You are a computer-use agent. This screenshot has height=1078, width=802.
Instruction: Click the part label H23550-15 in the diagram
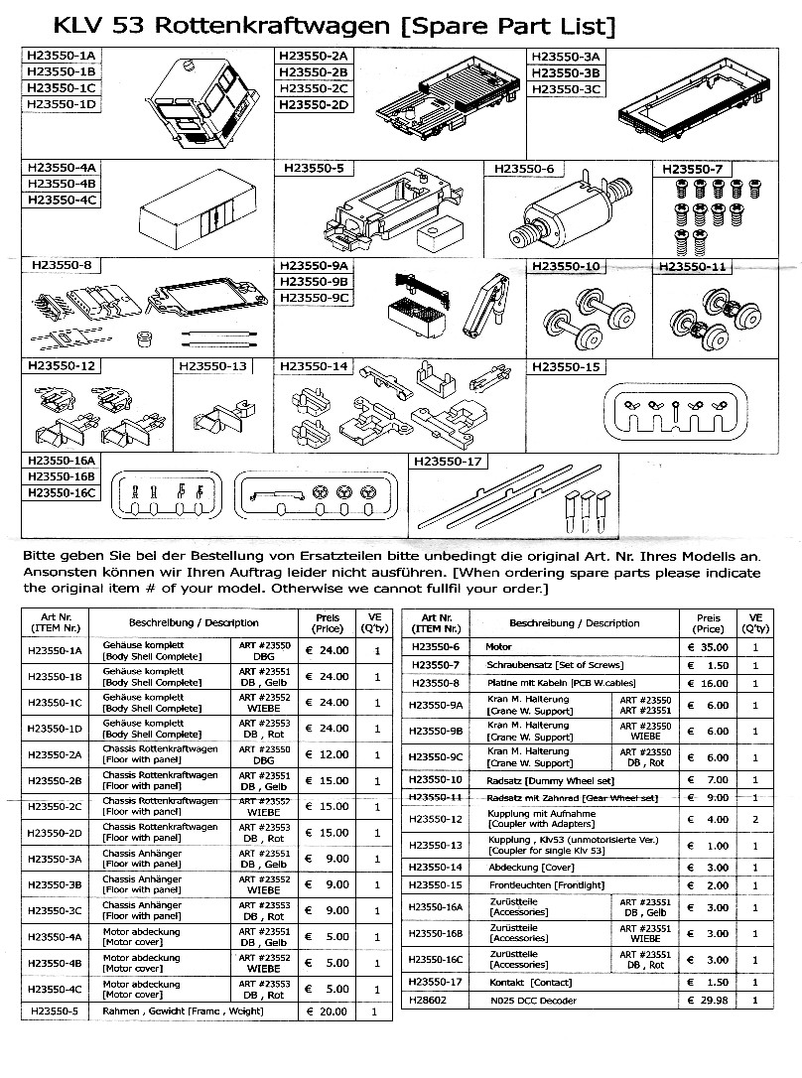pyautogui.click(x=566, y=367)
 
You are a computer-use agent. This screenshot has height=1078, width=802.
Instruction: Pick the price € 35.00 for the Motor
pyautogui.click(x=709, y=647)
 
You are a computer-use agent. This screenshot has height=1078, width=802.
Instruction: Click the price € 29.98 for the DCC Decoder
pyautogui.click(x=709, y=1001)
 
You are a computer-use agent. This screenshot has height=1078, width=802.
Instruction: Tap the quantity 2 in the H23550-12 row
pyautogui.click(x=755, y=820)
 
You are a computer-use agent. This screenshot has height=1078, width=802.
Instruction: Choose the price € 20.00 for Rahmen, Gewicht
pyautogui.click(x=327, y=1011)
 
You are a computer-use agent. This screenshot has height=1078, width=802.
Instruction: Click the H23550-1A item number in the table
pyautogui.click(x=55, y=650)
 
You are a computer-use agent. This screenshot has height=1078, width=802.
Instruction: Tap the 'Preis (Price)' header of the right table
pyautogui.click(x=709, y=622)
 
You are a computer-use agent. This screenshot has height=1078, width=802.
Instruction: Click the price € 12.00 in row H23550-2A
pyautogui.click(x=327, y=754)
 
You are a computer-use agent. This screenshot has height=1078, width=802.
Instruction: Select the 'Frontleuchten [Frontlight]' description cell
pyautogui.click(x=539, y=884)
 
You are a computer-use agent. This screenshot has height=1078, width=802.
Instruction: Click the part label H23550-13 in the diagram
pyautogui.click(x=211, y=366)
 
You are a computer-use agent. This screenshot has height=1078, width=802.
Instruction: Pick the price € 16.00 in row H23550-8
pyautogui.click(x=709, y=683)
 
